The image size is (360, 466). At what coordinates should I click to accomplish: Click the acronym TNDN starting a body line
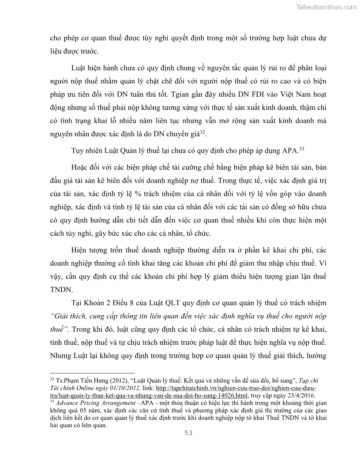(x=60, y=290)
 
